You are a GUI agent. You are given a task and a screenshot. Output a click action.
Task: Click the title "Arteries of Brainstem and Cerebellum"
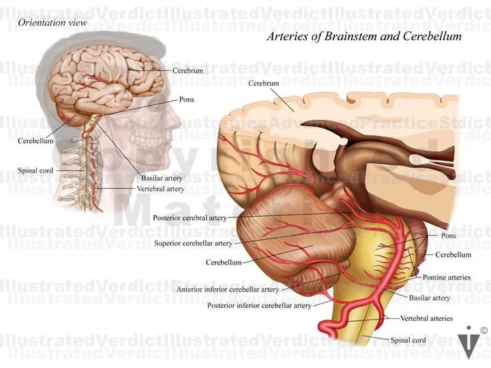pos(363,36)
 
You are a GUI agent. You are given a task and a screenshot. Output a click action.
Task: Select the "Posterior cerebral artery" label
pos(189,218)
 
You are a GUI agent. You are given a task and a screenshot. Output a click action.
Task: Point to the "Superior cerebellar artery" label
pos(193,243)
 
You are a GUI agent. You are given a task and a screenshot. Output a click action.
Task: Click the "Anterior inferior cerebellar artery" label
pos(228,289)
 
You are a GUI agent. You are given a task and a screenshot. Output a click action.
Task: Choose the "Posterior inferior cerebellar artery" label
pos(259,305)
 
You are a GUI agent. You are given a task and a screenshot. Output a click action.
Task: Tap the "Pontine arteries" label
pos(446,277)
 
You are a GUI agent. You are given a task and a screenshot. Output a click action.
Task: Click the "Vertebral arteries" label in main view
pos(426,318)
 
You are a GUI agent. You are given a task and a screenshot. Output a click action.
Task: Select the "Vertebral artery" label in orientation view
pos(160,188)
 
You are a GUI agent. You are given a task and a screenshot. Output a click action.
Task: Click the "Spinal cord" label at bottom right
pos(408,340)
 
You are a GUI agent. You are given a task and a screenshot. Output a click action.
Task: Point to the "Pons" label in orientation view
pos(186,99)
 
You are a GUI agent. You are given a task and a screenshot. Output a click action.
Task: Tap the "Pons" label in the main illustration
pos(448,236)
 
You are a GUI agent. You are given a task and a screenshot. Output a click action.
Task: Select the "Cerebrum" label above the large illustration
pos(263,83)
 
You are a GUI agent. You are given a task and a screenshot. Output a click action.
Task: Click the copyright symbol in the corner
pos(483,331)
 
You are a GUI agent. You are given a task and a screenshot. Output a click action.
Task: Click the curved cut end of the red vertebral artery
pos(325,332)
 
